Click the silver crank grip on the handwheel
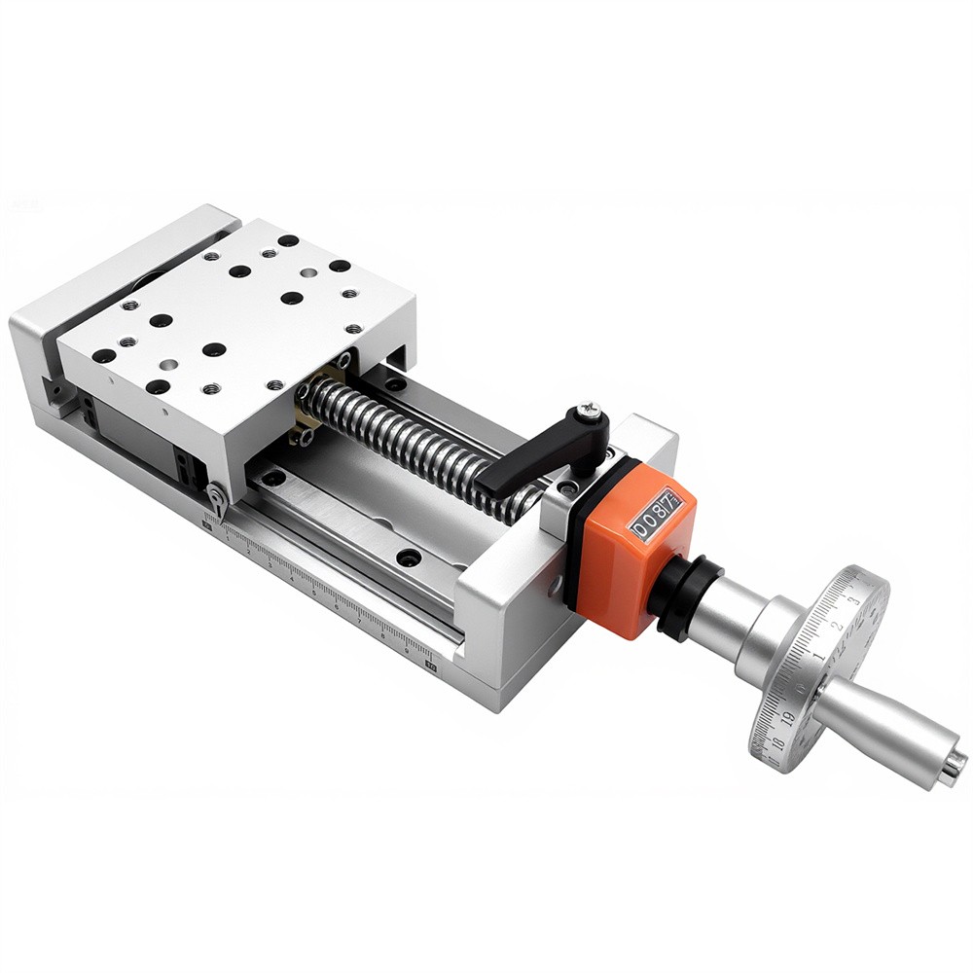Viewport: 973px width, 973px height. click(x=881, y=730)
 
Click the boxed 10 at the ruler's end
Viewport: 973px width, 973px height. click(x=431, y=667)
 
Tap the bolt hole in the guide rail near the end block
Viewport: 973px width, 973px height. click(x=409, y=558)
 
